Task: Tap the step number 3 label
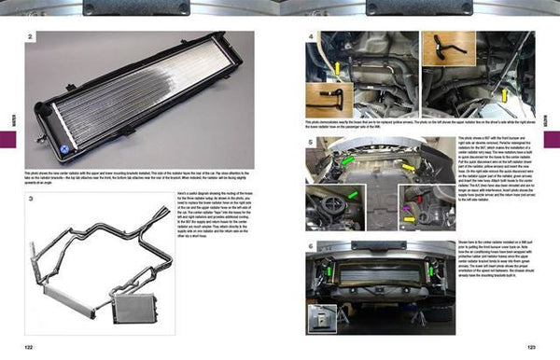pos(30,199)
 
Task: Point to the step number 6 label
pos(310,245)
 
